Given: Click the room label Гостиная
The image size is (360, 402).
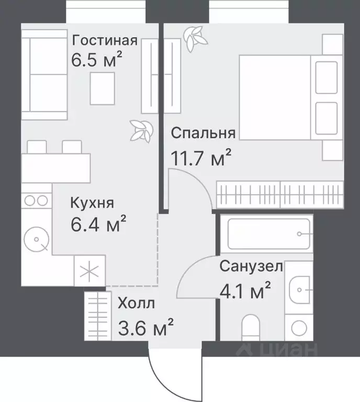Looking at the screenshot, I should tap(105, 40).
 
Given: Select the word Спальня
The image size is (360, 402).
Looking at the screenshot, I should tap(203, 133).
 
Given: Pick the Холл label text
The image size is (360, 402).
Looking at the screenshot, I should tap(136, 303).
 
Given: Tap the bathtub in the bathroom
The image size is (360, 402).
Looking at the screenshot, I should tap(270, 233).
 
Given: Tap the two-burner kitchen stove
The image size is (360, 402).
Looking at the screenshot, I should tap(36, 200).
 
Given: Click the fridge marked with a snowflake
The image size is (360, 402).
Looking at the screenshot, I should tap(90, 271).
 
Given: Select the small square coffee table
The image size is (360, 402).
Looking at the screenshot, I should tap(102, 88).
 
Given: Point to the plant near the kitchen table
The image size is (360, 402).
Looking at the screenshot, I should tap(141, 129).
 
